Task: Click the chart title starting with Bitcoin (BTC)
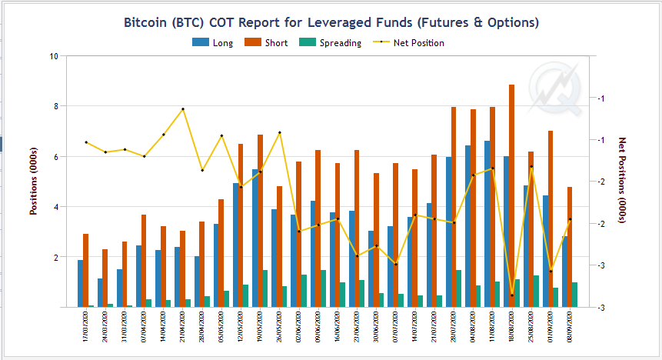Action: click(331, 22)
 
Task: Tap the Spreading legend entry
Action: click(331, 43)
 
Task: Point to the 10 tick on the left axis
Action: click(53, 56)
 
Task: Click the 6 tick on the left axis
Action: click(55, 157)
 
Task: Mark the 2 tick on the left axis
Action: click(55, 258)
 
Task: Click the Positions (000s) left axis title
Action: click(33, 181)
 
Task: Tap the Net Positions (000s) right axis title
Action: click(622, 181)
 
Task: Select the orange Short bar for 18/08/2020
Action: click(512, 196)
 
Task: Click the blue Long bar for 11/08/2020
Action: click(487, 224)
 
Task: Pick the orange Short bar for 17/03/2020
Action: click(86, 270)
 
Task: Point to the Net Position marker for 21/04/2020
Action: click(183, 109)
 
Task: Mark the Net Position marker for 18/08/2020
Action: click(512, 295)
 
